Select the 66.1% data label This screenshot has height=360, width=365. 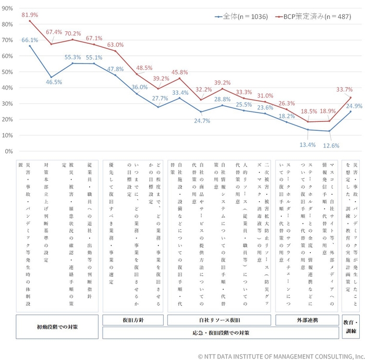click(x=30, y=40)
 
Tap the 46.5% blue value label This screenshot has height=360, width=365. click(x=54, y=82)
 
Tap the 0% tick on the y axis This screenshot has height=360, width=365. click(x=9, y=152)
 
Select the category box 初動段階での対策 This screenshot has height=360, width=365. click(x=57, y=327)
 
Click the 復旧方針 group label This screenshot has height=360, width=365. click(x=133, y=320)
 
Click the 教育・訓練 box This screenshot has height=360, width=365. click(x=350, y=327)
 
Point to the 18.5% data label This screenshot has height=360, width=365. click(x=309, y=111)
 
